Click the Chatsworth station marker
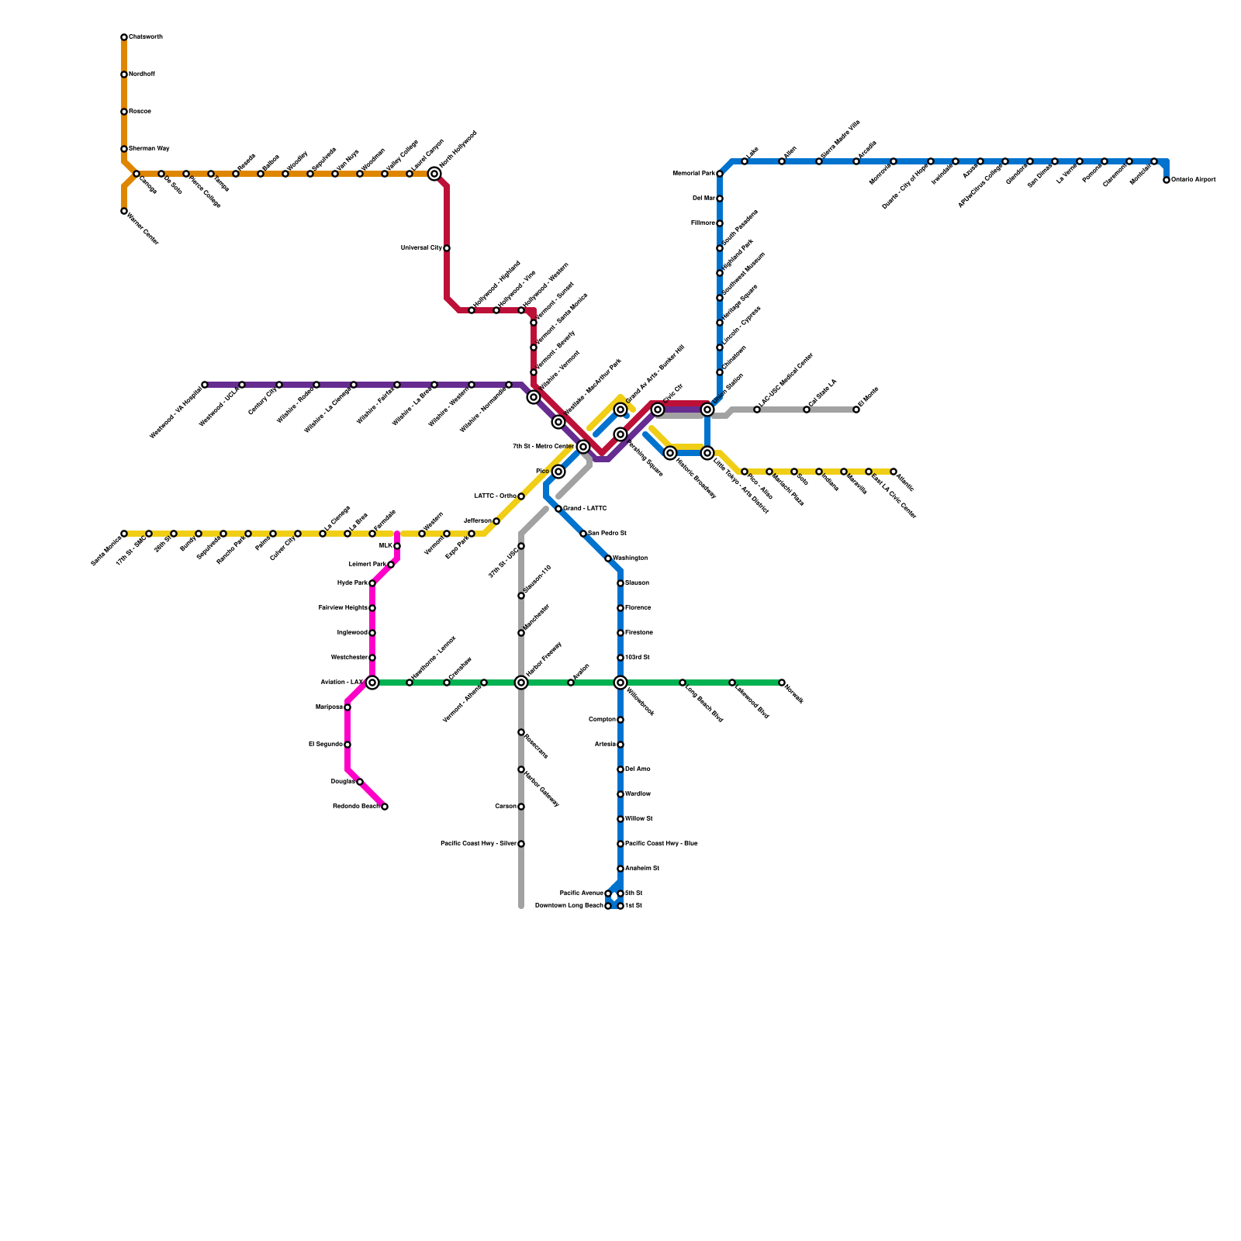click(124, 37)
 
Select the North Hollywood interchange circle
click(434, 174)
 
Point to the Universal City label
click(421, 248)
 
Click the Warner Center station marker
click(124, 211)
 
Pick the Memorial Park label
click(693, 174)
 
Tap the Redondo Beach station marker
click(385, 807)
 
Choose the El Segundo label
click(325, 745)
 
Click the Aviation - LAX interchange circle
click(372, 683)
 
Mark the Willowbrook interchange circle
click(620, 683)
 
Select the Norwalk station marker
click(782, 683)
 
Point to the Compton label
click(602, 720)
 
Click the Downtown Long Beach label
click(569, 906)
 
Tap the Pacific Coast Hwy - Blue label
click(661, 844)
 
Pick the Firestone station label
click(639, 633)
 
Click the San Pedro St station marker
click(583, 534)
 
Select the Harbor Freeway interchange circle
click(521, 683)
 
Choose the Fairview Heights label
click(343, 608)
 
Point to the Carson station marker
click(521, 807)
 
